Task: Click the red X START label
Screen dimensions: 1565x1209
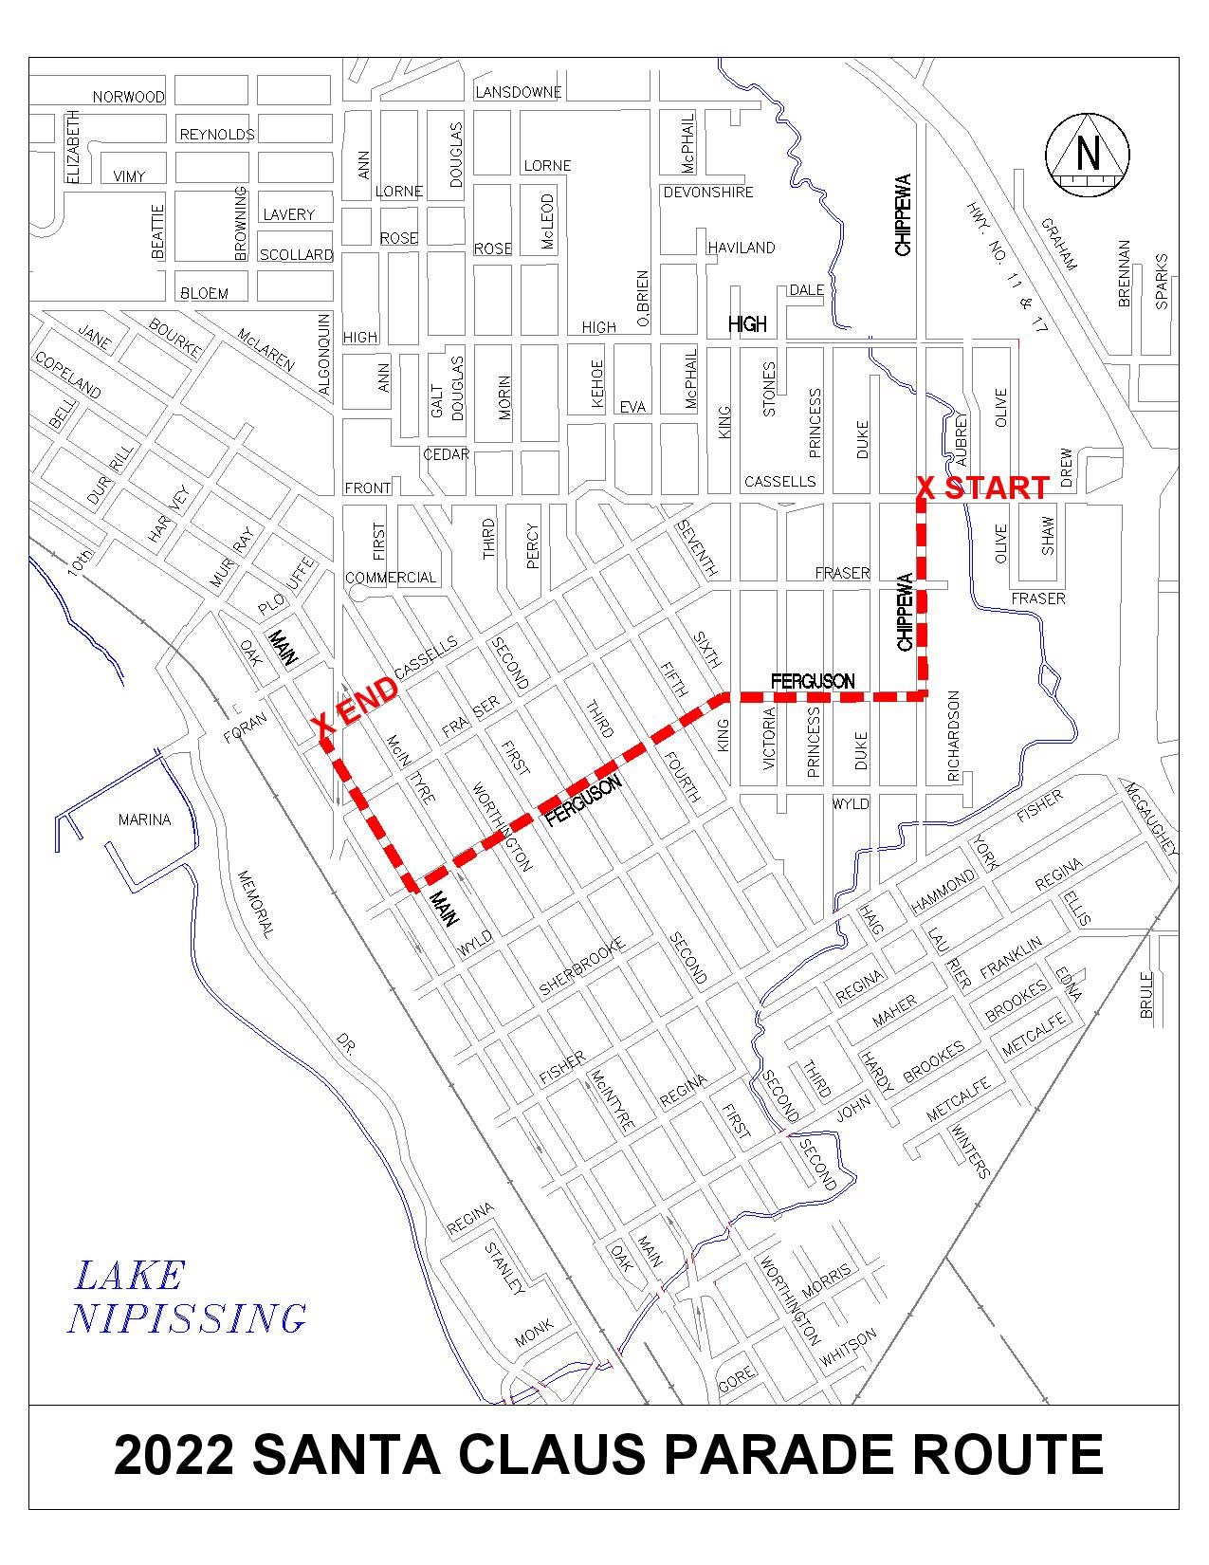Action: coord(982,488)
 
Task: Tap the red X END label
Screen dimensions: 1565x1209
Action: coord(357,707)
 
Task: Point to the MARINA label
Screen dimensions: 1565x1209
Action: coord(145,819)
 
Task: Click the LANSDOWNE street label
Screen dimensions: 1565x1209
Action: coord(518,92)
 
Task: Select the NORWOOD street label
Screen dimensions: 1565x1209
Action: coord(128,97)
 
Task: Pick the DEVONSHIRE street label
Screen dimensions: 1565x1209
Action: coord(708,193)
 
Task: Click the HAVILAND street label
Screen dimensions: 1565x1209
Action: coord(742,248)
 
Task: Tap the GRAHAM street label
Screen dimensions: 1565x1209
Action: coord(1059,244)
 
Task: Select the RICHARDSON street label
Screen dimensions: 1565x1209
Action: coord(954,736)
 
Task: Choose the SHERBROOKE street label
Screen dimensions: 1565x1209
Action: coord(582,967)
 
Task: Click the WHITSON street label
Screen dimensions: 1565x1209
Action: coord(850,1348)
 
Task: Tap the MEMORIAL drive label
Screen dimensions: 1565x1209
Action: coord(255,905)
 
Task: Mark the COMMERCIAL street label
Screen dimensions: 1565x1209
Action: coord(391,577)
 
